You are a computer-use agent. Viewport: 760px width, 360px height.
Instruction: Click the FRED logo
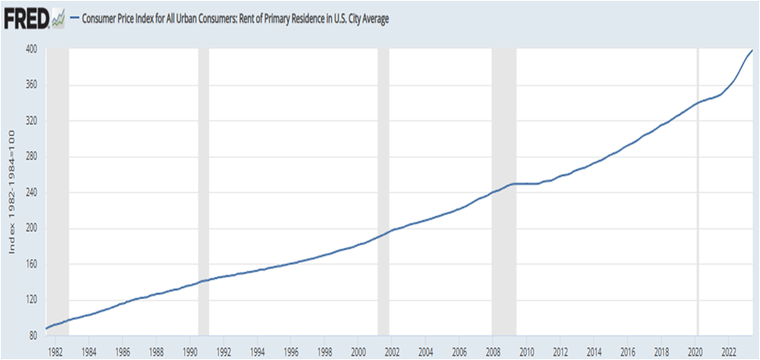coord(26,20)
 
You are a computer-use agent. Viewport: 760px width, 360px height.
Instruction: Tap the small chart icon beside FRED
coord(58,20)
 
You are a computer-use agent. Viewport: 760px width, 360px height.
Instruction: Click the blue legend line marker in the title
coord(74,20)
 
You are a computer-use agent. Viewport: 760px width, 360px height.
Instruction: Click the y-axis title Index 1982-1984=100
coord(12,191)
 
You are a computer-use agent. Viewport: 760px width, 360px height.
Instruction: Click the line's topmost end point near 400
coord(752,50)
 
